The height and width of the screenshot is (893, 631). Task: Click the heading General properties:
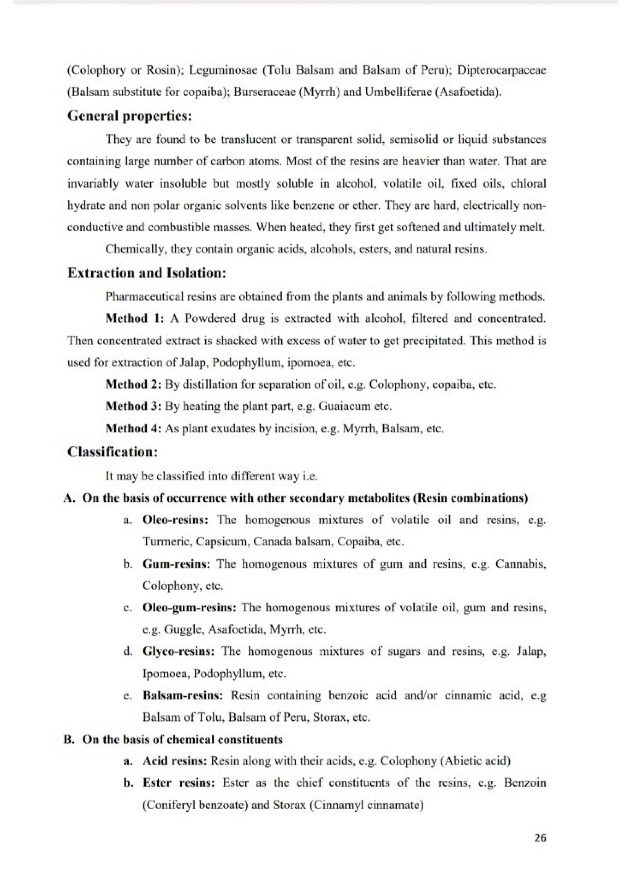[129, 116]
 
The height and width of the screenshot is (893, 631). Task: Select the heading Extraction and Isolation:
[147, 273]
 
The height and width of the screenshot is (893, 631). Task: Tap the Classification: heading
[112, 452]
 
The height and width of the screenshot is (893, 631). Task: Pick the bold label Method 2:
[133, 385]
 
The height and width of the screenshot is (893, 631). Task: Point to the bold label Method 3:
[133, 406]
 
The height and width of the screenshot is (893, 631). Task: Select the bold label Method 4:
[133, 429]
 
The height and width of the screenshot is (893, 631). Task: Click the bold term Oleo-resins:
[175, 520]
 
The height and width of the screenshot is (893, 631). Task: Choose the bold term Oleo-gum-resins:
[189, 608]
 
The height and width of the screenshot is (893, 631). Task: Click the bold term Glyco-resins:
[178, 651]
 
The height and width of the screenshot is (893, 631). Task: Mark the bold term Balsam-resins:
[183, 695]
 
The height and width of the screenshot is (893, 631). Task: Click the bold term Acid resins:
[175, 761]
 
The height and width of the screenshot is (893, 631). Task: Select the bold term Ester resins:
[178, 783]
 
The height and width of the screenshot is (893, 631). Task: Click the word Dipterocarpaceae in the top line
[501, 70]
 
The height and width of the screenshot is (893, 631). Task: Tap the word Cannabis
[520, 564]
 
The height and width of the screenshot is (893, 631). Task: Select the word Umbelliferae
[393, 92]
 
